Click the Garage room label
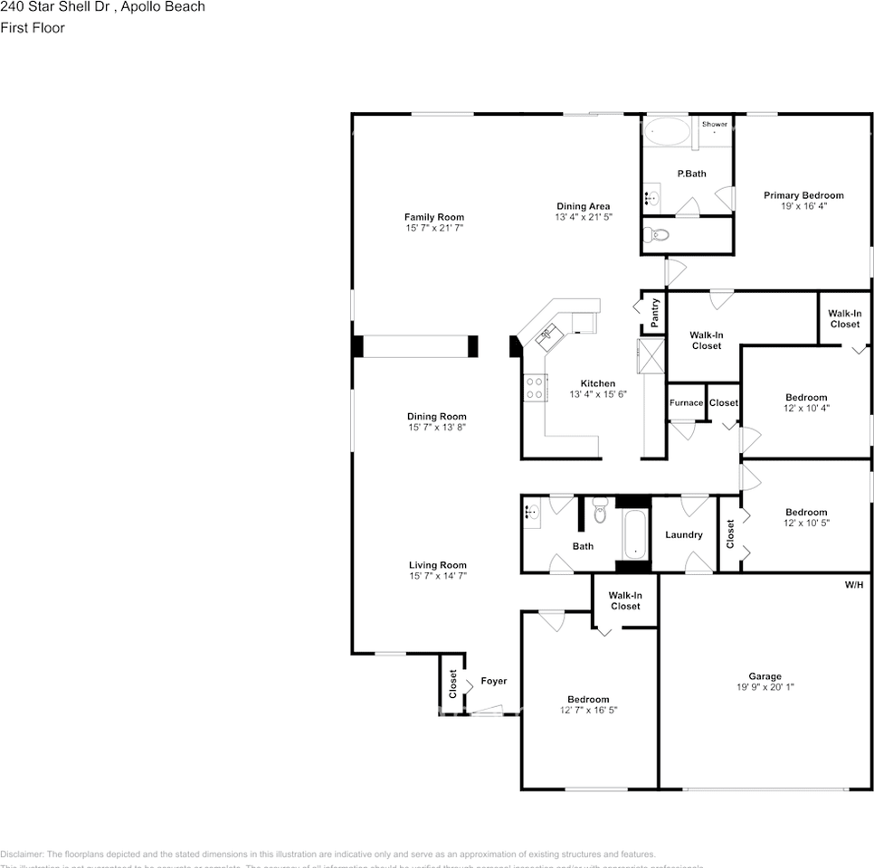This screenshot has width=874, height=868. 765,675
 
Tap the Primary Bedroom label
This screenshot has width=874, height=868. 803,195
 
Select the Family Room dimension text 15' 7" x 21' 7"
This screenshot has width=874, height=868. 434,229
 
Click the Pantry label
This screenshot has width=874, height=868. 655,313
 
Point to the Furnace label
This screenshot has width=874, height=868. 686,402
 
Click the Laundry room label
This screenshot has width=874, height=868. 683,534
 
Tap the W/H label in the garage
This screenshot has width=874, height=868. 854,585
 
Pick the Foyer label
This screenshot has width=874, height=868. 493,681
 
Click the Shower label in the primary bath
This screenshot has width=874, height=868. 714,124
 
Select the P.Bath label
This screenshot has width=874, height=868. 691,174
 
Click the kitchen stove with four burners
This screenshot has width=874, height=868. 534,388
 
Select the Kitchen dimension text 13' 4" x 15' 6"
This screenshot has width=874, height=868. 598,394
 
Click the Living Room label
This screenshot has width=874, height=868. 437,565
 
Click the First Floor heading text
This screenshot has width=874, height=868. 33,28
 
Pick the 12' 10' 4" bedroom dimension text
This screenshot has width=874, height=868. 805,409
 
